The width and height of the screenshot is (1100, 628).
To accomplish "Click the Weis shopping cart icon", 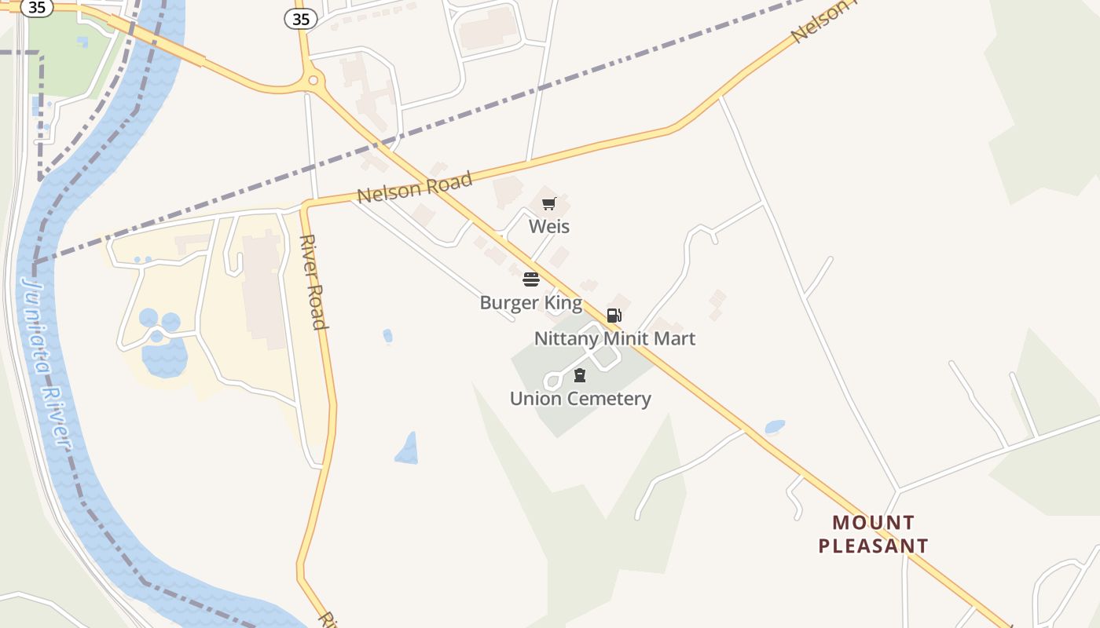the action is click(549, 204).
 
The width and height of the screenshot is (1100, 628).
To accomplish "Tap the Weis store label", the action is click(549, 227).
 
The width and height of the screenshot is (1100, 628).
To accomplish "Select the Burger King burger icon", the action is click(531, 279).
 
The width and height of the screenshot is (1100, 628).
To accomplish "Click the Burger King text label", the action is click(531, 303).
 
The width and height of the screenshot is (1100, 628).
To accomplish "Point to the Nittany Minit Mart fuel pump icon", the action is click(614, 316).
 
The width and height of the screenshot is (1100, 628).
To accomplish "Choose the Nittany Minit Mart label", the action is click(614, 339).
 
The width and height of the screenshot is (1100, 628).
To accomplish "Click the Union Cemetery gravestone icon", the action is click(580, 375).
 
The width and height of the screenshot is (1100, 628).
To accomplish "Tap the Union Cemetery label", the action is click(580, 399).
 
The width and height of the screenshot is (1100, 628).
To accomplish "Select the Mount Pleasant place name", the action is click(873, 535).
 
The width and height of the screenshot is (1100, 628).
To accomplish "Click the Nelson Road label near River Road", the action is click(415, 188).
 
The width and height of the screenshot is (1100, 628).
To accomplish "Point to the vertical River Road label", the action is click(313, 282).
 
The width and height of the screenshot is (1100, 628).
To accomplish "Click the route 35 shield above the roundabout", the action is click(301, 20).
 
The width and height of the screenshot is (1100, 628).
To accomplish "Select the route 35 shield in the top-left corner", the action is click(37, 8).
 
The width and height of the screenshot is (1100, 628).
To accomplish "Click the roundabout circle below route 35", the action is click(313, 80).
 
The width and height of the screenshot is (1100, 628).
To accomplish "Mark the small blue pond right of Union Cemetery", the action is click(775, 427).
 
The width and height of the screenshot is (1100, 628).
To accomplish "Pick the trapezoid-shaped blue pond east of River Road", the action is click(407, 449).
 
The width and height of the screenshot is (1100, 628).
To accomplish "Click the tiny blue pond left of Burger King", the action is click(387, 336).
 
